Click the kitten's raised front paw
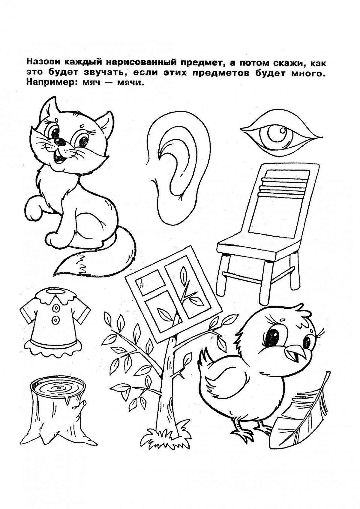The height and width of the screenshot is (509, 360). click(34, 210)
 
